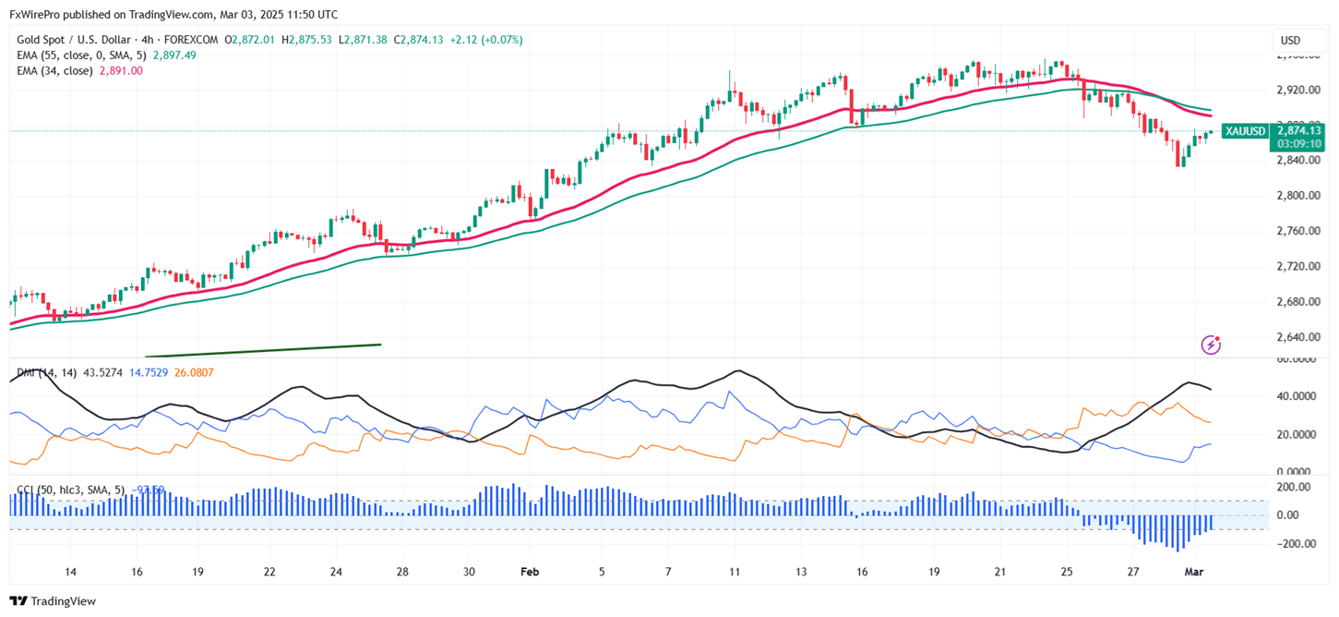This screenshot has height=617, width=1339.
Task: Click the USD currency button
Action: (1290, 41)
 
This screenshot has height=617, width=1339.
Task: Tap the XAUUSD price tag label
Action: (1244, 131)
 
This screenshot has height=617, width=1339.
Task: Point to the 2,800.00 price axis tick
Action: (1297, 196)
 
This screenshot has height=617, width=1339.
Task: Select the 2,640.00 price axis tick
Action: (1297, 337)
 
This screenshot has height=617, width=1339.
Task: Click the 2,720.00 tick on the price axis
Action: (1297, 267)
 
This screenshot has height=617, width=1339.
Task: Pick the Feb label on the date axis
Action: (530, 572)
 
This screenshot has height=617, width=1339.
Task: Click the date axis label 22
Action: (269, 572)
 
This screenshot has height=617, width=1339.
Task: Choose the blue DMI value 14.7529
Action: (149, 372)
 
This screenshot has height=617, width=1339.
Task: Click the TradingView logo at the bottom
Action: (53, 601)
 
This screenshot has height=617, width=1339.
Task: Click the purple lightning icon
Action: (1211, 345)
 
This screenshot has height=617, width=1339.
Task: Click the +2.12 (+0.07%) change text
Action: (486, 40)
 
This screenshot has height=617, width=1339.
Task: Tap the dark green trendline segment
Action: (263, 350)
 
